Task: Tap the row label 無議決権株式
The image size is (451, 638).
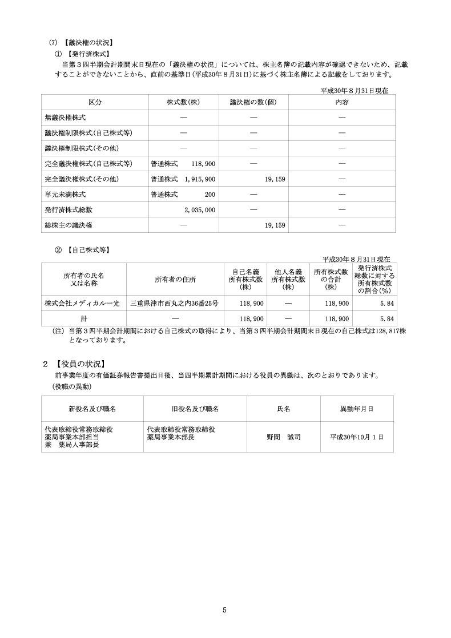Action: coord(65,118)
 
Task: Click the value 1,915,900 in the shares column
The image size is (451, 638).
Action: coord(199,179)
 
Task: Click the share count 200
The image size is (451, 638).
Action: coord(210,195)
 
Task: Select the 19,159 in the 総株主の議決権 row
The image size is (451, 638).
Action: coord(275,225)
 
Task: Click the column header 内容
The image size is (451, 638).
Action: coord(342,102)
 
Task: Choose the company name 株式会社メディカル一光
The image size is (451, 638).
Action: coord(82,303)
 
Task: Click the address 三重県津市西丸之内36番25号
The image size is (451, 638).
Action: coord(174,303)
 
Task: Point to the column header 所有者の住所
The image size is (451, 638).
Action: coord(175,280)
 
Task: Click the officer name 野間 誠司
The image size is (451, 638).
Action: coord(284,437)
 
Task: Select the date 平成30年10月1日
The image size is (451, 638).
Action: coord(357,437)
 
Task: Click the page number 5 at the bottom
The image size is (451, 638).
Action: coord(225,610)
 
